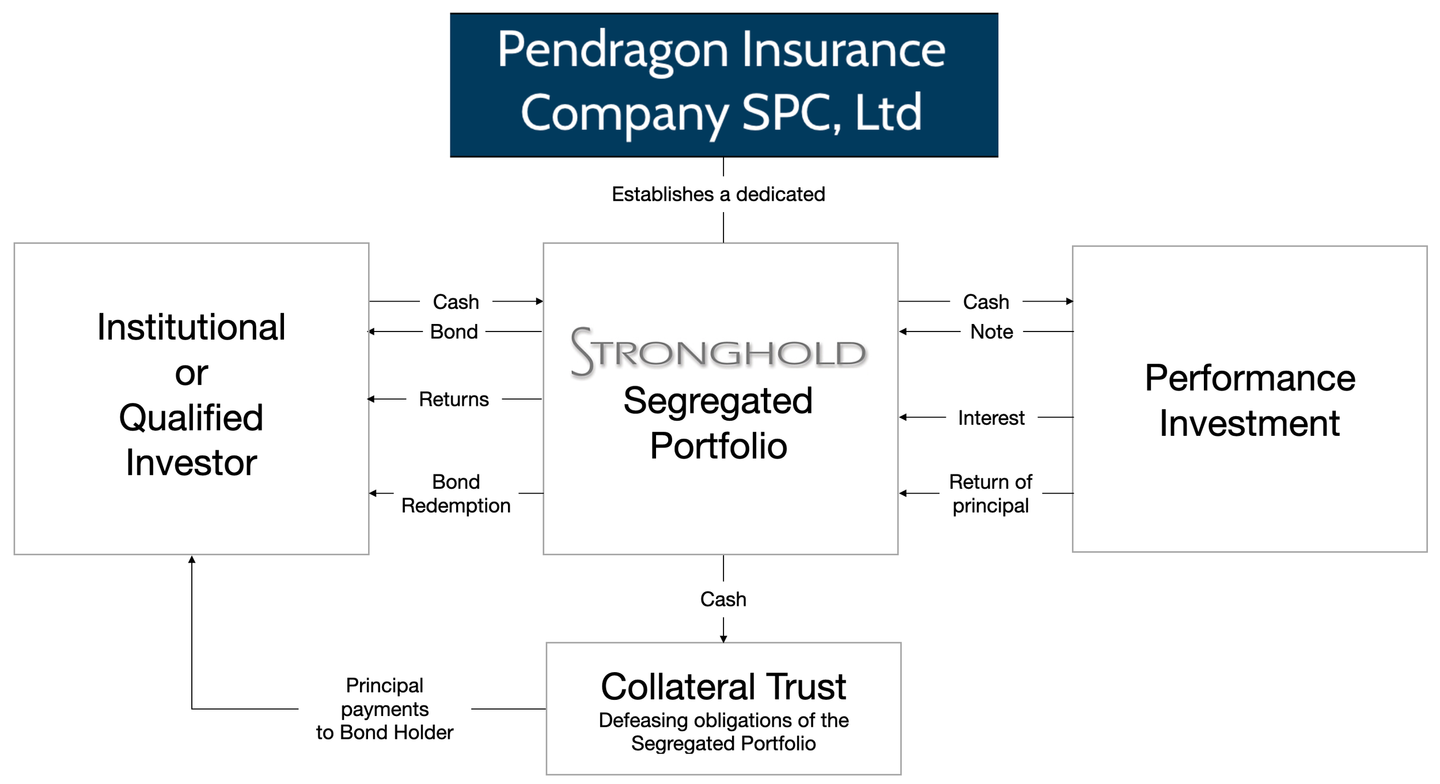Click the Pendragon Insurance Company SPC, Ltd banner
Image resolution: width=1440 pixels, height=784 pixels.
pyautogui.click(x=723, y=85)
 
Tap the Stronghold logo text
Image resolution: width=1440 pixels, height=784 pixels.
pyautogui.click(x=718, y=352)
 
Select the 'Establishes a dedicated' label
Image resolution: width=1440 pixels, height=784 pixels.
pyautogui.click(x=718, y=194)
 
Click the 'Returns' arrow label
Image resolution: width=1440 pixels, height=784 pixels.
pyautogui.click(x=454, y=399)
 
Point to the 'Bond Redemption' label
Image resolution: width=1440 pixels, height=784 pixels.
pyautogui.click(x=456, y=493)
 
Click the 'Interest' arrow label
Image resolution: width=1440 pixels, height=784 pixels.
pyautogui.click(x=991, y=417)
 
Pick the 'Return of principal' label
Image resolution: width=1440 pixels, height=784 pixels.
pyautogui.click(x=990, y=493)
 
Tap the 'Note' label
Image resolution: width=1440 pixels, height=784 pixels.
pyautogui.click(x=991, y=331)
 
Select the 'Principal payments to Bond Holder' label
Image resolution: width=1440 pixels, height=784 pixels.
pyautogui.click(x=385, y=708)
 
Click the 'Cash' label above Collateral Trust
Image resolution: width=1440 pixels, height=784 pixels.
pyautogui.click(x=723, y=599)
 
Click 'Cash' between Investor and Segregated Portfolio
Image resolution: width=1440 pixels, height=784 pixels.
pyautogui.click(x=456, y=301)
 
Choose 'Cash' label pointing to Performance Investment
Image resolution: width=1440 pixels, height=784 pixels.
pyautogui.click(x=986, y=301)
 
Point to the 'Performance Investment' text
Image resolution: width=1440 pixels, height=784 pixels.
pyautogui.click(x=1250, y=400)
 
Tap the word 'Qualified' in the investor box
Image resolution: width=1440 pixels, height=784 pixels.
pyautogui.click(x=191, y=417)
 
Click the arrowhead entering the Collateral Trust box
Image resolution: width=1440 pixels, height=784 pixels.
pyautogui.click(x=723, y=639)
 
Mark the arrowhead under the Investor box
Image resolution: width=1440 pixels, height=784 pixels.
pyautogui.click(x=192, y=559)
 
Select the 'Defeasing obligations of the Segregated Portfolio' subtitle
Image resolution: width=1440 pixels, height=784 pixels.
pyautogui.click(x=723, y=732)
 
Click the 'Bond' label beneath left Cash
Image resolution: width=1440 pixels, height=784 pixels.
pyautogui.click(x=454, y=331)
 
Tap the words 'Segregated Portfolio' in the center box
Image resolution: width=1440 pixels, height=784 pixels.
pyautogui.click(x=718, y=423)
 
